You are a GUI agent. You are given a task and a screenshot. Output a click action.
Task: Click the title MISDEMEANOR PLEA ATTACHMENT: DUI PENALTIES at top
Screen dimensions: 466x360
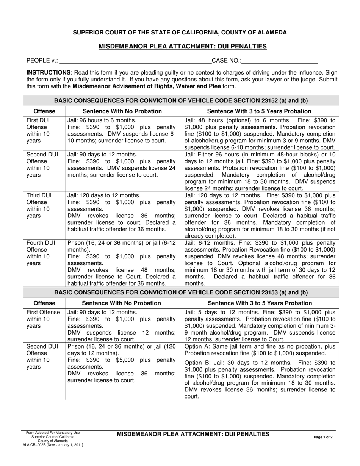183,47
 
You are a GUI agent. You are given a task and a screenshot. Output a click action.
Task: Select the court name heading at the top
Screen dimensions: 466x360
180,33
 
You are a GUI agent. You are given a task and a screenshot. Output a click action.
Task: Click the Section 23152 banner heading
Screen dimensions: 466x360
181,101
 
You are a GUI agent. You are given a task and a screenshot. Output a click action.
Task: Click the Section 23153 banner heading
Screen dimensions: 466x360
181,292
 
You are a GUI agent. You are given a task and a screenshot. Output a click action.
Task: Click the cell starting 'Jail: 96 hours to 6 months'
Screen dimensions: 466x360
122,130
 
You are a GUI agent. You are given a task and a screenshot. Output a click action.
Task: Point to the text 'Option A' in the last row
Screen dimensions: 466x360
196,346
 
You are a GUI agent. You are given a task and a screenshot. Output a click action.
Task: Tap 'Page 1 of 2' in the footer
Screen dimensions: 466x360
323,437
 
